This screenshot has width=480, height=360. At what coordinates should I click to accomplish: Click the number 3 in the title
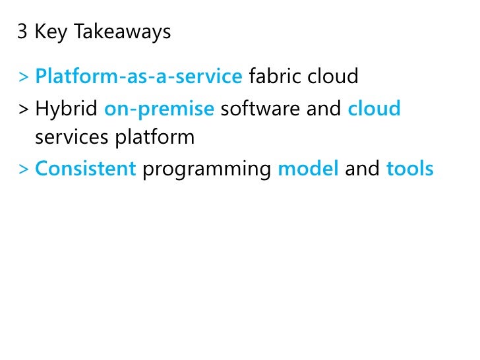(22, 32)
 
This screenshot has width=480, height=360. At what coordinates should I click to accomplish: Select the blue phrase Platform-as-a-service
(138, 77)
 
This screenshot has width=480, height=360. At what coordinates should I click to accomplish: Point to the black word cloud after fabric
(333, 77)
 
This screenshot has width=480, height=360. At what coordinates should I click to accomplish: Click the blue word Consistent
(85, 169)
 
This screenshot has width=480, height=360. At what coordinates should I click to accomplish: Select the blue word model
(308, 169)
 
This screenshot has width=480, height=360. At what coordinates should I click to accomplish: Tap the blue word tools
(410, 169)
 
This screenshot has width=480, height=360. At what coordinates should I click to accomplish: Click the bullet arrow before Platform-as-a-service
(24, 78)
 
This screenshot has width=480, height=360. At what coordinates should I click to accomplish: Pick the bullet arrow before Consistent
(24, 169)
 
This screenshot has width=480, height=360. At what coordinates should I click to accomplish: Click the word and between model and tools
(362, 169)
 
